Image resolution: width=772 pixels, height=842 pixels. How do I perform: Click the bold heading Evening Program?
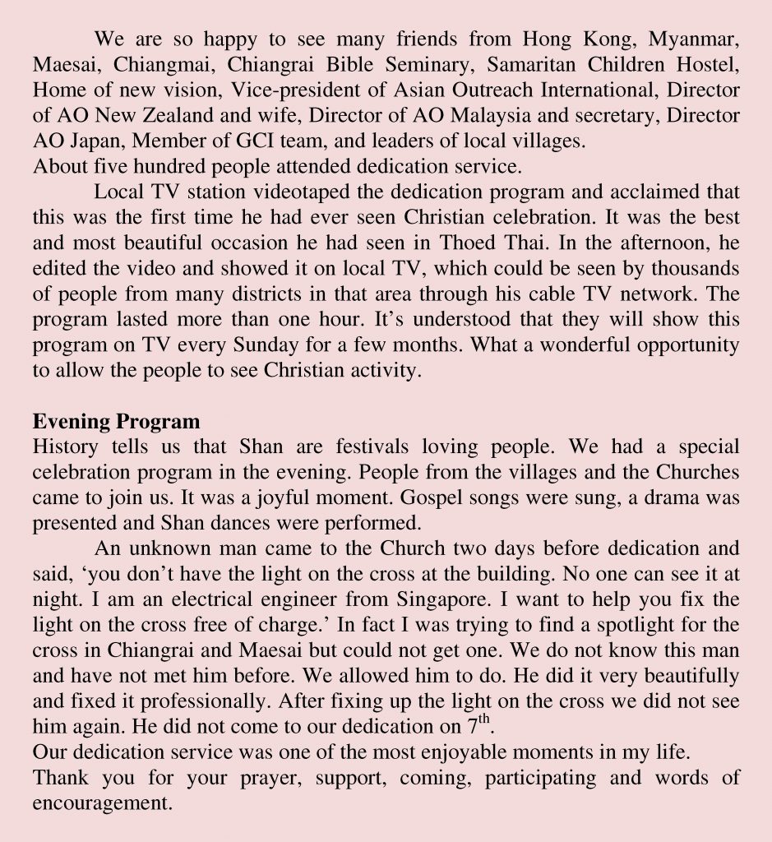coord(116,423)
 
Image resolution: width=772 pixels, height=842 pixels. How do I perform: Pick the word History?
coord(66,448)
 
